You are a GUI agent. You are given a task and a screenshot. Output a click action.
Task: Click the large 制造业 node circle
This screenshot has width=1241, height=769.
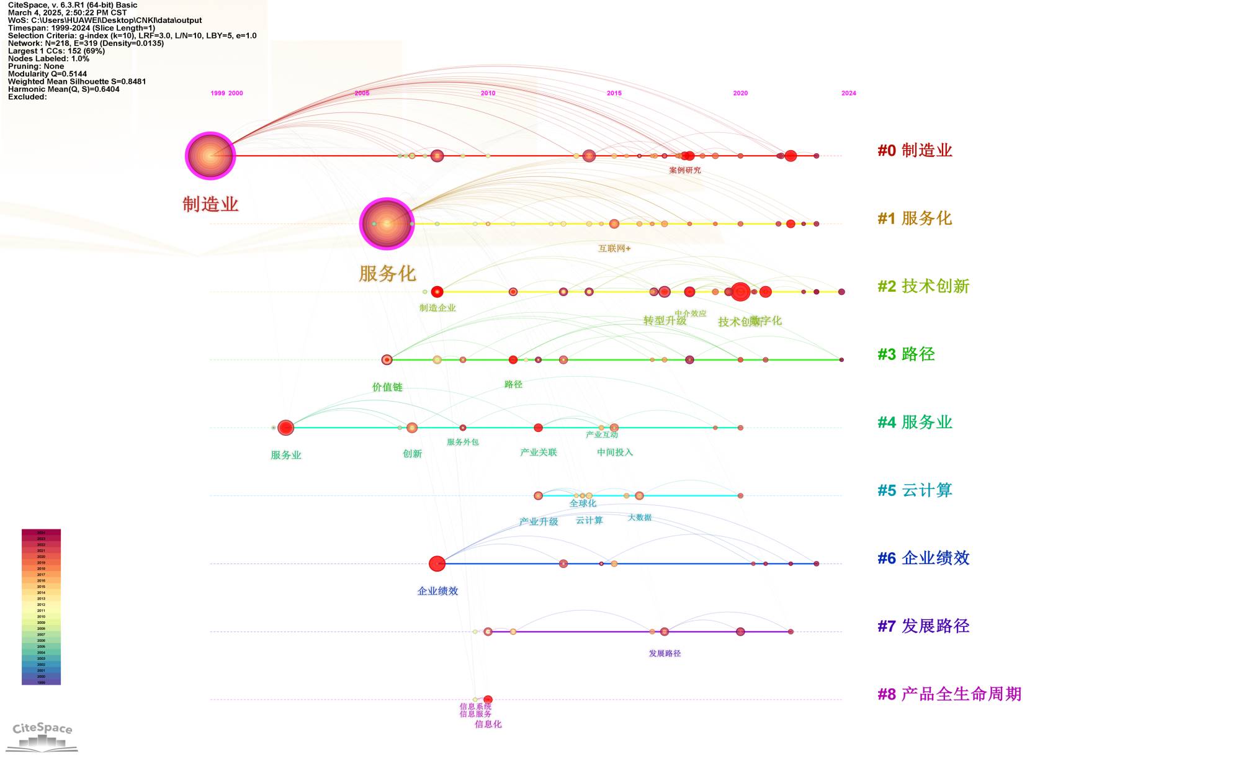pyautogui.click(x=210, y=156)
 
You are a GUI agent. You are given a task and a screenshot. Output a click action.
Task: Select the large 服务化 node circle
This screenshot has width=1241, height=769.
pyautogui.click(x=387, y=223)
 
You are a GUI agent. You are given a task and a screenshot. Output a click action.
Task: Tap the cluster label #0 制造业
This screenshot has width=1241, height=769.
pyautogui.click(x=915, y=150)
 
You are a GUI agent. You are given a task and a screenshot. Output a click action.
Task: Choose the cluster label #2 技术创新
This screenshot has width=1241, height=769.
pyautogui.click(x=923, y=286)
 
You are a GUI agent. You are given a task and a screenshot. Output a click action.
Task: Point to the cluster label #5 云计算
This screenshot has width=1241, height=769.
pyautogui.click(x=915, y=490)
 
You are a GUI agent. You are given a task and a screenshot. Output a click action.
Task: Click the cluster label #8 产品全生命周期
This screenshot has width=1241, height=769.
pyautogui.click(x=949, y=694)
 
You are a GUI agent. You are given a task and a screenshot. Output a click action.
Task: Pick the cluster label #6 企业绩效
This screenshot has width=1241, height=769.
pyautogui.click(x=923, y=558)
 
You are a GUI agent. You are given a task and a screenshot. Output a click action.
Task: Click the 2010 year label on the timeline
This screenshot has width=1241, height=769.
pyautogui.click(x=488, y=93)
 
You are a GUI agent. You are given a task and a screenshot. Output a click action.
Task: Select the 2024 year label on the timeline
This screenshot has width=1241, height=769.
pyautogui.click(x=848, y=93)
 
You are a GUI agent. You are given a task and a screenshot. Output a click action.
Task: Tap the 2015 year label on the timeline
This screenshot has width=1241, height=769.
pyautogui.click(x=614, y=93)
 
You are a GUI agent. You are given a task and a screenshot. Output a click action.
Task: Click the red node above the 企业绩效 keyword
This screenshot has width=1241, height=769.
pyautogui.click(x=437, y=564)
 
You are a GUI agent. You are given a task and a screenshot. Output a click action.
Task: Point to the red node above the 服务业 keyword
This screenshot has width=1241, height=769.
pyautogui.click(x=285, y=428)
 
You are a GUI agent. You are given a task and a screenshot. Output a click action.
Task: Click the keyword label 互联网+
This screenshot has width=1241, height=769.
pyautogui.click(x=614, y=248)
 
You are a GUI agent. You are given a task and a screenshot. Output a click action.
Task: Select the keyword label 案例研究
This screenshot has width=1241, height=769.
pyautogui.click(x=685, y=170)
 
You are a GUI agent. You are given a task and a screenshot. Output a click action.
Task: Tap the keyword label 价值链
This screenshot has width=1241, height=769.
pyautogui.click(x=387, y=387)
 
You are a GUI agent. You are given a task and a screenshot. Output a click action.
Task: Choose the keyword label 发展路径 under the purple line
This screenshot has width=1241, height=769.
pyautogui.click(x=665, y=654)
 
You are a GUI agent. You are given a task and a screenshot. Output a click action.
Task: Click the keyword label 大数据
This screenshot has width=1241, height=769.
pyautogui.click(x=640, y=518)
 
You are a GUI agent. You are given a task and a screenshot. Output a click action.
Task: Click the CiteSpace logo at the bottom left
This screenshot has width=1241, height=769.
pyautogui.click(x=42, y=735)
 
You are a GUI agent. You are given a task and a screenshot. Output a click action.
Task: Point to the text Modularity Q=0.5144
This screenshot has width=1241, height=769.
pyautogui.click(x=47, y=74)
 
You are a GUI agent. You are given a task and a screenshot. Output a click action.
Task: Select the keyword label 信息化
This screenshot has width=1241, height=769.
pyautogui.click(x=488, y=724)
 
